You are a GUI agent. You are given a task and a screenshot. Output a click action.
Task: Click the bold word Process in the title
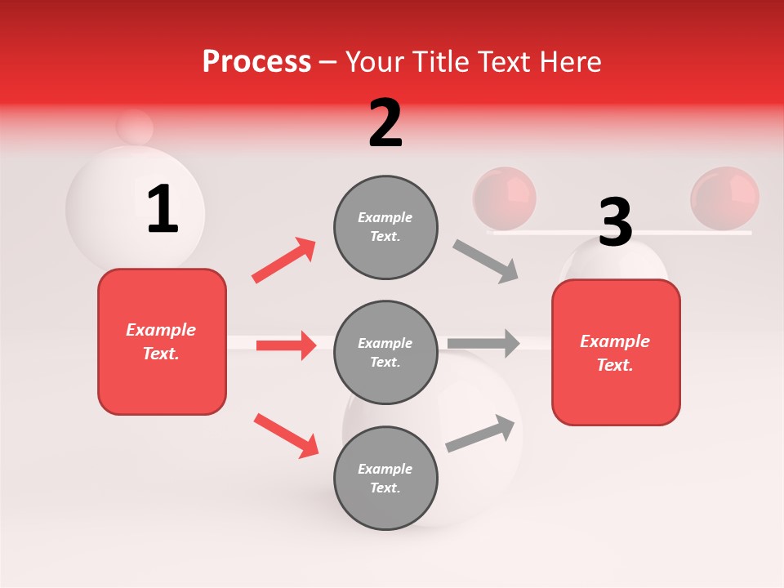tap(256, 61)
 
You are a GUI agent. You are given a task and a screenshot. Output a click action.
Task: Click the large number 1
tap(163, 210)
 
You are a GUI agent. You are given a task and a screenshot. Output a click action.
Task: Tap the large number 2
tap(385, 123)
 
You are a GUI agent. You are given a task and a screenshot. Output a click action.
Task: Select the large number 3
tap(615, 222)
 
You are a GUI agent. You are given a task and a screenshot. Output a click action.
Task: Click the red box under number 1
tap(162, 341)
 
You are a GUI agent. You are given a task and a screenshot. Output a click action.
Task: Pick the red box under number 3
tap(616, 352)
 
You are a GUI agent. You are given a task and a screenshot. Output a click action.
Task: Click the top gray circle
tap(385, 227)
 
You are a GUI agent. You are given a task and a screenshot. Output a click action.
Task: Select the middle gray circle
tap(385, 352)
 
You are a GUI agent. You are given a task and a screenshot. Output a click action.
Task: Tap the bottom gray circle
tap(385, 478)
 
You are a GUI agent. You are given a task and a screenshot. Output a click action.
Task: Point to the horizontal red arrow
tap(286, 345)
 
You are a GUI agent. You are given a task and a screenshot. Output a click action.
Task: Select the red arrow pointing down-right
tap(286, 435)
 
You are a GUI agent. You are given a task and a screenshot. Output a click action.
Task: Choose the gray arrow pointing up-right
tap(481, 434)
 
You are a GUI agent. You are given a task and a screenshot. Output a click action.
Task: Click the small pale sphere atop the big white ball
tap(135, 127)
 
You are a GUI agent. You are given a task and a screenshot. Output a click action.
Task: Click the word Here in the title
tap(570, 61)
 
